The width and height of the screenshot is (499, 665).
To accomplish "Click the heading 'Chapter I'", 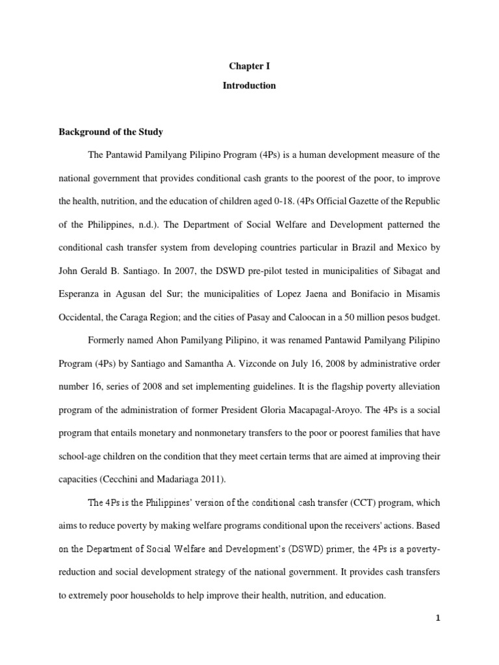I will [x=249, y=66].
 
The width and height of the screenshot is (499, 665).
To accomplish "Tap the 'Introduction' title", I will [x=249, y=86].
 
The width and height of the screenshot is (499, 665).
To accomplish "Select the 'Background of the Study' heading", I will [x=111, y=132].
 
